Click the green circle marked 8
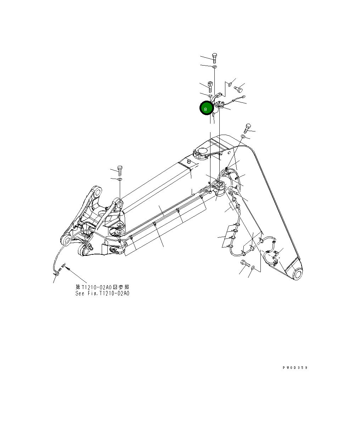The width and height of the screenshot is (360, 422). click(206, 109)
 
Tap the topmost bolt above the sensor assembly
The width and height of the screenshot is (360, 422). click(214, 57)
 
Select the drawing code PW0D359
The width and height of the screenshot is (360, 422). click(295, 368)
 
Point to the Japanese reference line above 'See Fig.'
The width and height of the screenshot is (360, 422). click(102, 287)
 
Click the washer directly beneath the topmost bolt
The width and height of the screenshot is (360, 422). click(214, 67)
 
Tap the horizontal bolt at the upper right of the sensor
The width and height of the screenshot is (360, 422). click(238, 87)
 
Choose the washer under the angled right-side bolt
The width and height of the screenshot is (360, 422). click(243, 136)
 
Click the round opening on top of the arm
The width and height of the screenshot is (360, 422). click(202, 151)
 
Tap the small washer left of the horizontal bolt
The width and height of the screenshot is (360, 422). click(230, 84)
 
